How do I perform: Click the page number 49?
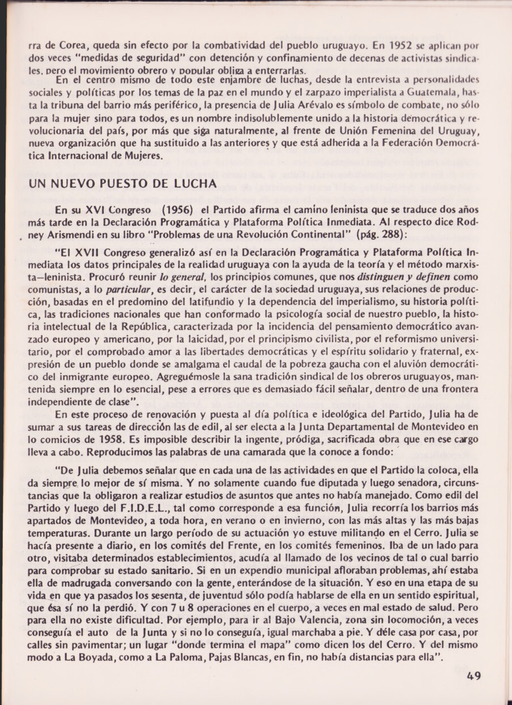click(474, 675)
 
